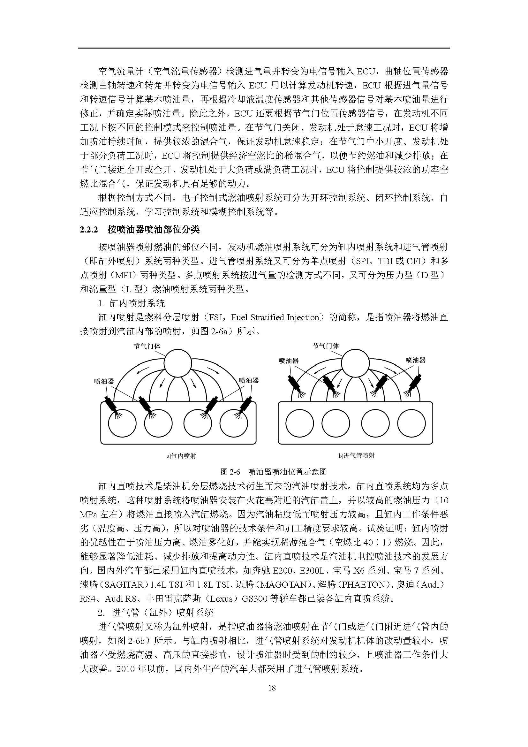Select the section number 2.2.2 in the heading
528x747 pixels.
click(89, 230)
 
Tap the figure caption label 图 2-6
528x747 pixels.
click(230, 471)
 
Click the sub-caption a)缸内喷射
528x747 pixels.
click(181, 456)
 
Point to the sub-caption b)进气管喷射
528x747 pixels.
click(356, 456)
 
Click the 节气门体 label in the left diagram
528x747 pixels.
click(147, 346)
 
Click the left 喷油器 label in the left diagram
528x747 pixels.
click(104, 381)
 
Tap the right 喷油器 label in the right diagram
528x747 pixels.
click(416, 360)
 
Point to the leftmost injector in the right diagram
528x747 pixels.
click(295, 384)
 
